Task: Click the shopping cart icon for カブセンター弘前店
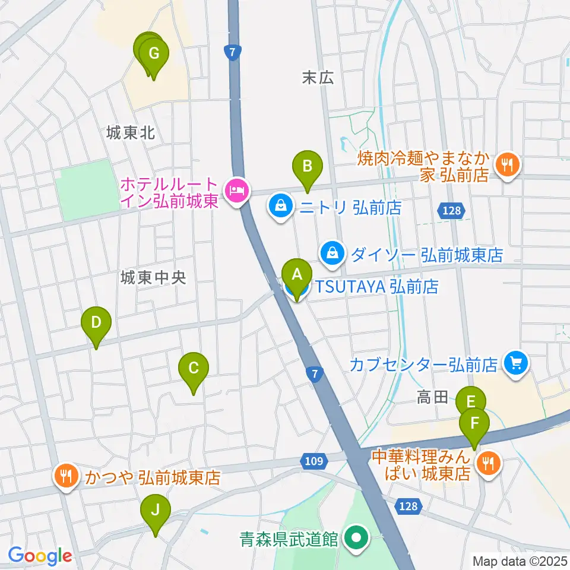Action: coord(515,363)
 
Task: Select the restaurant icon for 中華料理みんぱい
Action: coord(489,464)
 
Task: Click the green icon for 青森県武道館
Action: coord(357,539)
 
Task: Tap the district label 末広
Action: coord(318,77)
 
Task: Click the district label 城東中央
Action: coord(153,277)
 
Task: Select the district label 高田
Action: coord(432,397)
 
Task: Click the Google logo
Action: coord(40,556)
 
